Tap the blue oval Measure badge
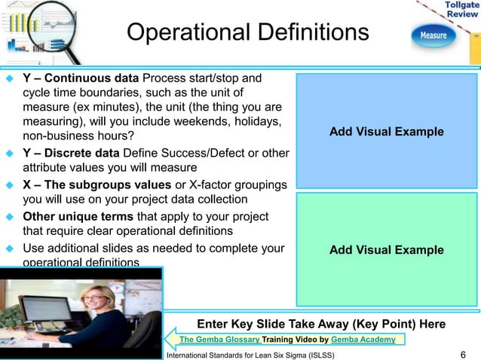[x=434, y=35]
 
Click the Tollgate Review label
[x=460, y=11]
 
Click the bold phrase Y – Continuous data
[x=81, y=78]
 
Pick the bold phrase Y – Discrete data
[x=69, y=153]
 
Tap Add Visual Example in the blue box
[x=387, y=132]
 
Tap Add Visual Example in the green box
[x=387, y=250]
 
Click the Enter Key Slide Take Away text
[x=320, y=324]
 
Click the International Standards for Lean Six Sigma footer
[x=250, y=354]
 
